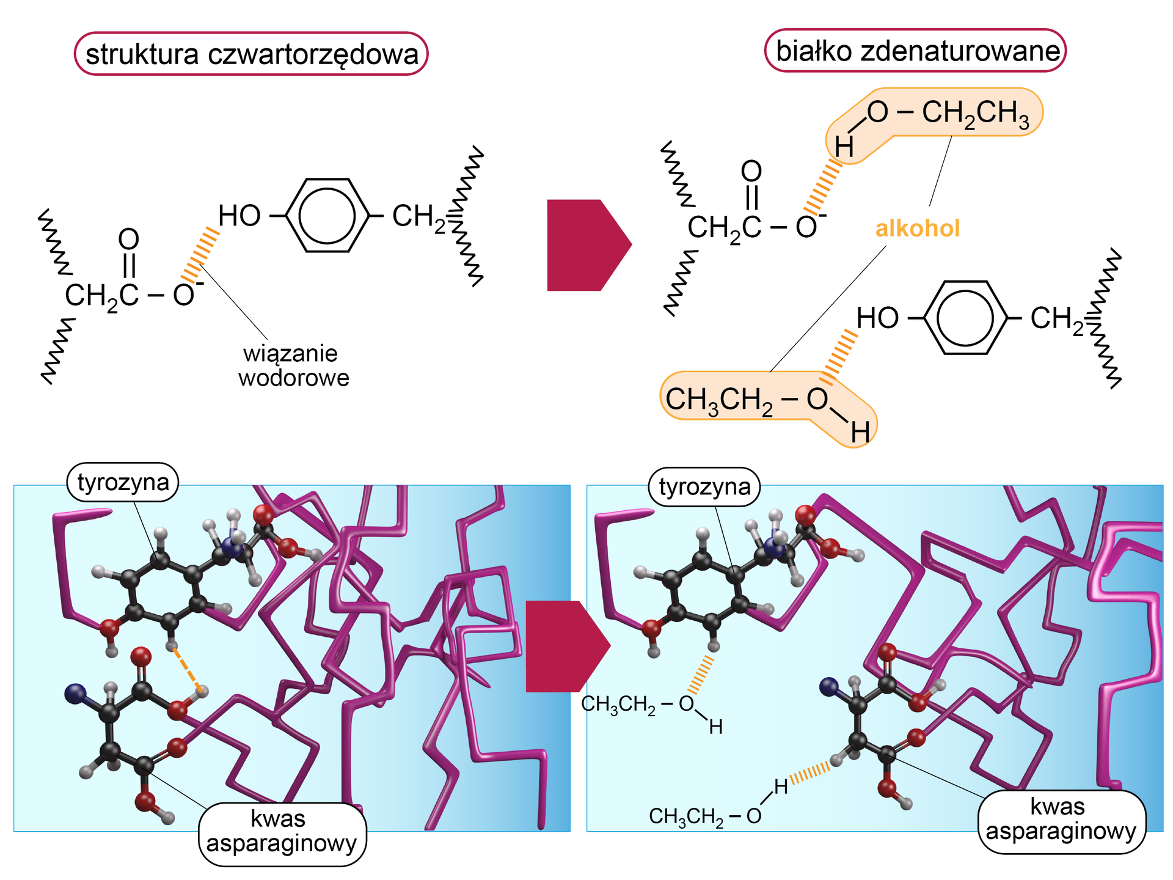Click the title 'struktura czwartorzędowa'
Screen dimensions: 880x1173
click(251, 54)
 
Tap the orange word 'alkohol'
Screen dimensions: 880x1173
click(918, 229)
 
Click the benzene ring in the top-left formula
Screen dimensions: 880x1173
click(328, 216)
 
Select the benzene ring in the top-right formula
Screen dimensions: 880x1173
click(965, 318)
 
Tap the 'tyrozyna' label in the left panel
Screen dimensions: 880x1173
click(123, 482)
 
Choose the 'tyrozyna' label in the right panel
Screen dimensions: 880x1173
click(704, 486)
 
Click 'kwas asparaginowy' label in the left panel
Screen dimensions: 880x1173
click(282, 831)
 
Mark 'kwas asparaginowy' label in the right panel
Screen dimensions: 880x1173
click(1061, 820)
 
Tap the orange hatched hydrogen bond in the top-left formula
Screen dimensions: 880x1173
click(200, 252)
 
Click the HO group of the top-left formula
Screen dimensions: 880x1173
click(239, 216)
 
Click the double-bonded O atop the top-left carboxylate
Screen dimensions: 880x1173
click(128, 239)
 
